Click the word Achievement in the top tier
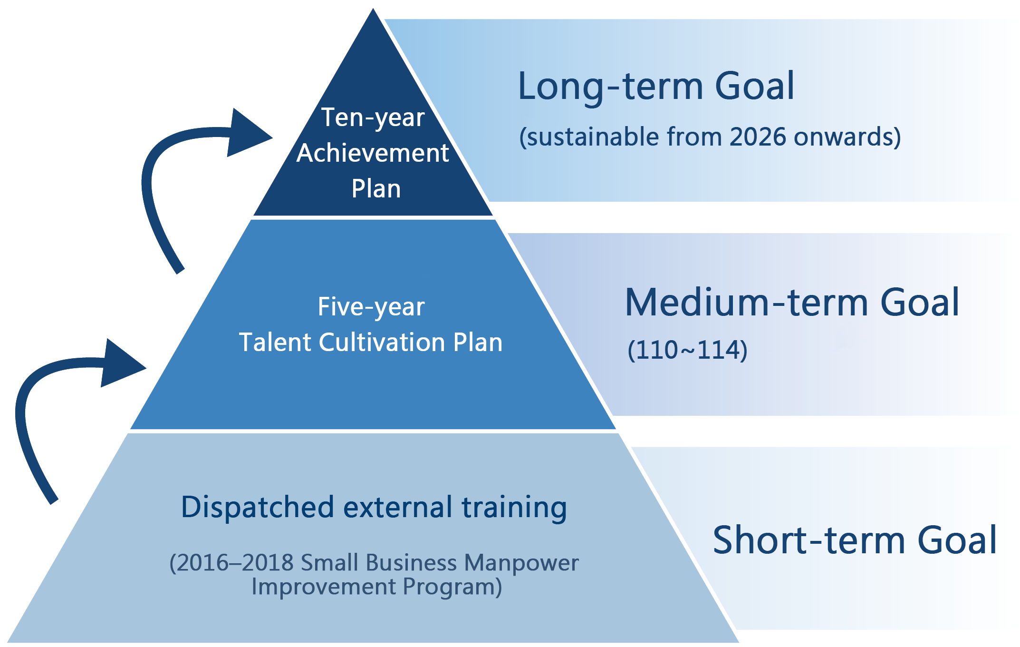click(373, 153)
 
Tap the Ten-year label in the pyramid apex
click(373, 118)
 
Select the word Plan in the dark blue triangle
click(376, 188)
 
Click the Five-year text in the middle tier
click(371, 307)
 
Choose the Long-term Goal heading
click(656, 87)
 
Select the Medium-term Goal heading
click(792, 303)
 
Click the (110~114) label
click(687, 350)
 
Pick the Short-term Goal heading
click(855, 540)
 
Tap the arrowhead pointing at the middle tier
click(124, 363)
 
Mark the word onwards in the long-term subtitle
click(844, 137)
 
